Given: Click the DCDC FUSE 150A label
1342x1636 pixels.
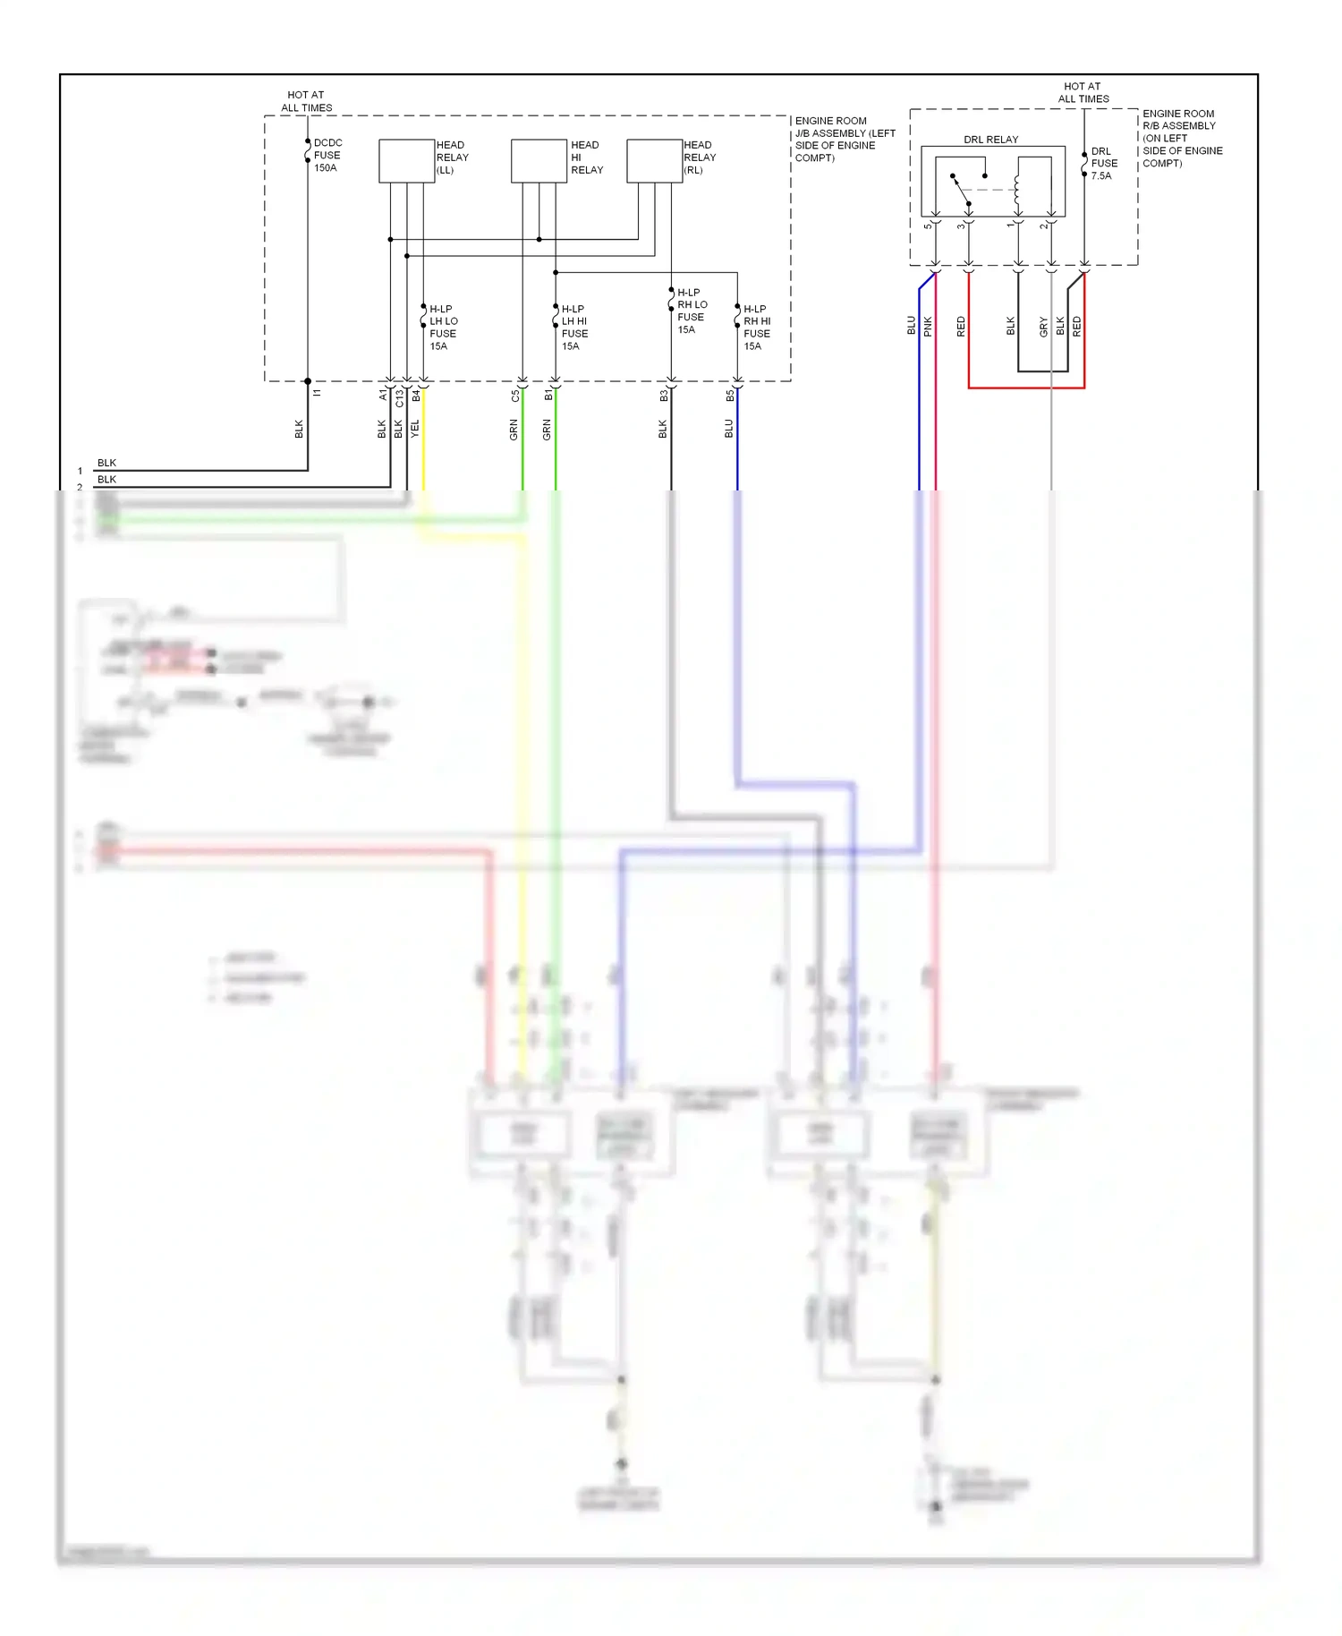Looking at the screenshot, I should (x=327, y=155).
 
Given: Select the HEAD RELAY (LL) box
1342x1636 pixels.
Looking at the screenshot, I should (x=406, y=161).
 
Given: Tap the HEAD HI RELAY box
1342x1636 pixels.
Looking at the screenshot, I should (x=539, y=161).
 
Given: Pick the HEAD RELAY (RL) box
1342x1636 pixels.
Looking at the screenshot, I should (x=654, y=161).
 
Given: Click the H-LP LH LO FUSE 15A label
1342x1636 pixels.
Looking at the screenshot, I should (x=443, y=328).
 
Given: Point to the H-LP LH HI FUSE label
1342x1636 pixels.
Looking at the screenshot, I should (x=574, y=328).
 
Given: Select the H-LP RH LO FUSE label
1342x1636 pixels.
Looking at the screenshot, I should (x=692, y=311).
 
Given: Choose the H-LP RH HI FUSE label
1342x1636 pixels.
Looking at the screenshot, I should (x=757, y=328).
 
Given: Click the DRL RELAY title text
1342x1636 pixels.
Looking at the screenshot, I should (x=990, y=140).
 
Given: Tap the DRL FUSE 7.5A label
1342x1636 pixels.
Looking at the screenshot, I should (x=1104, y=164).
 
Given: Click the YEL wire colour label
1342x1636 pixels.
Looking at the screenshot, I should (x=415, y=429).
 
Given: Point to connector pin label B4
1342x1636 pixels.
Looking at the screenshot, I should (x=416, y=395).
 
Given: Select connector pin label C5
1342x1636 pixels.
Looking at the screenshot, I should (x=515, y=395).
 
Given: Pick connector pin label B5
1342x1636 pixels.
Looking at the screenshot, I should (x=730, y=395).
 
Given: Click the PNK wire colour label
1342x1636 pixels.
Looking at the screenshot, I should (x=928, y=327).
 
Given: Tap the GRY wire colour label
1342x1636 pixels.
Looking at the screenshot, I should (x=1043, y=327).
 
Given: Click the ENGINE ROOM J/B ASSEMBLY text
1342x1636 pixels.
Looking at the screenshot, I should (x=844, y=139).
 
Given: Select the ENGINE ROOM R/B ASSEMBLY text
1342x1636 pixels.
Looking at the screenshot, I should (x=1182, y=138).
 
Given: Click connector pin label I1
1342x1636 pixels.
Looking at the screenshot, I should (x=317, y=393).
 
